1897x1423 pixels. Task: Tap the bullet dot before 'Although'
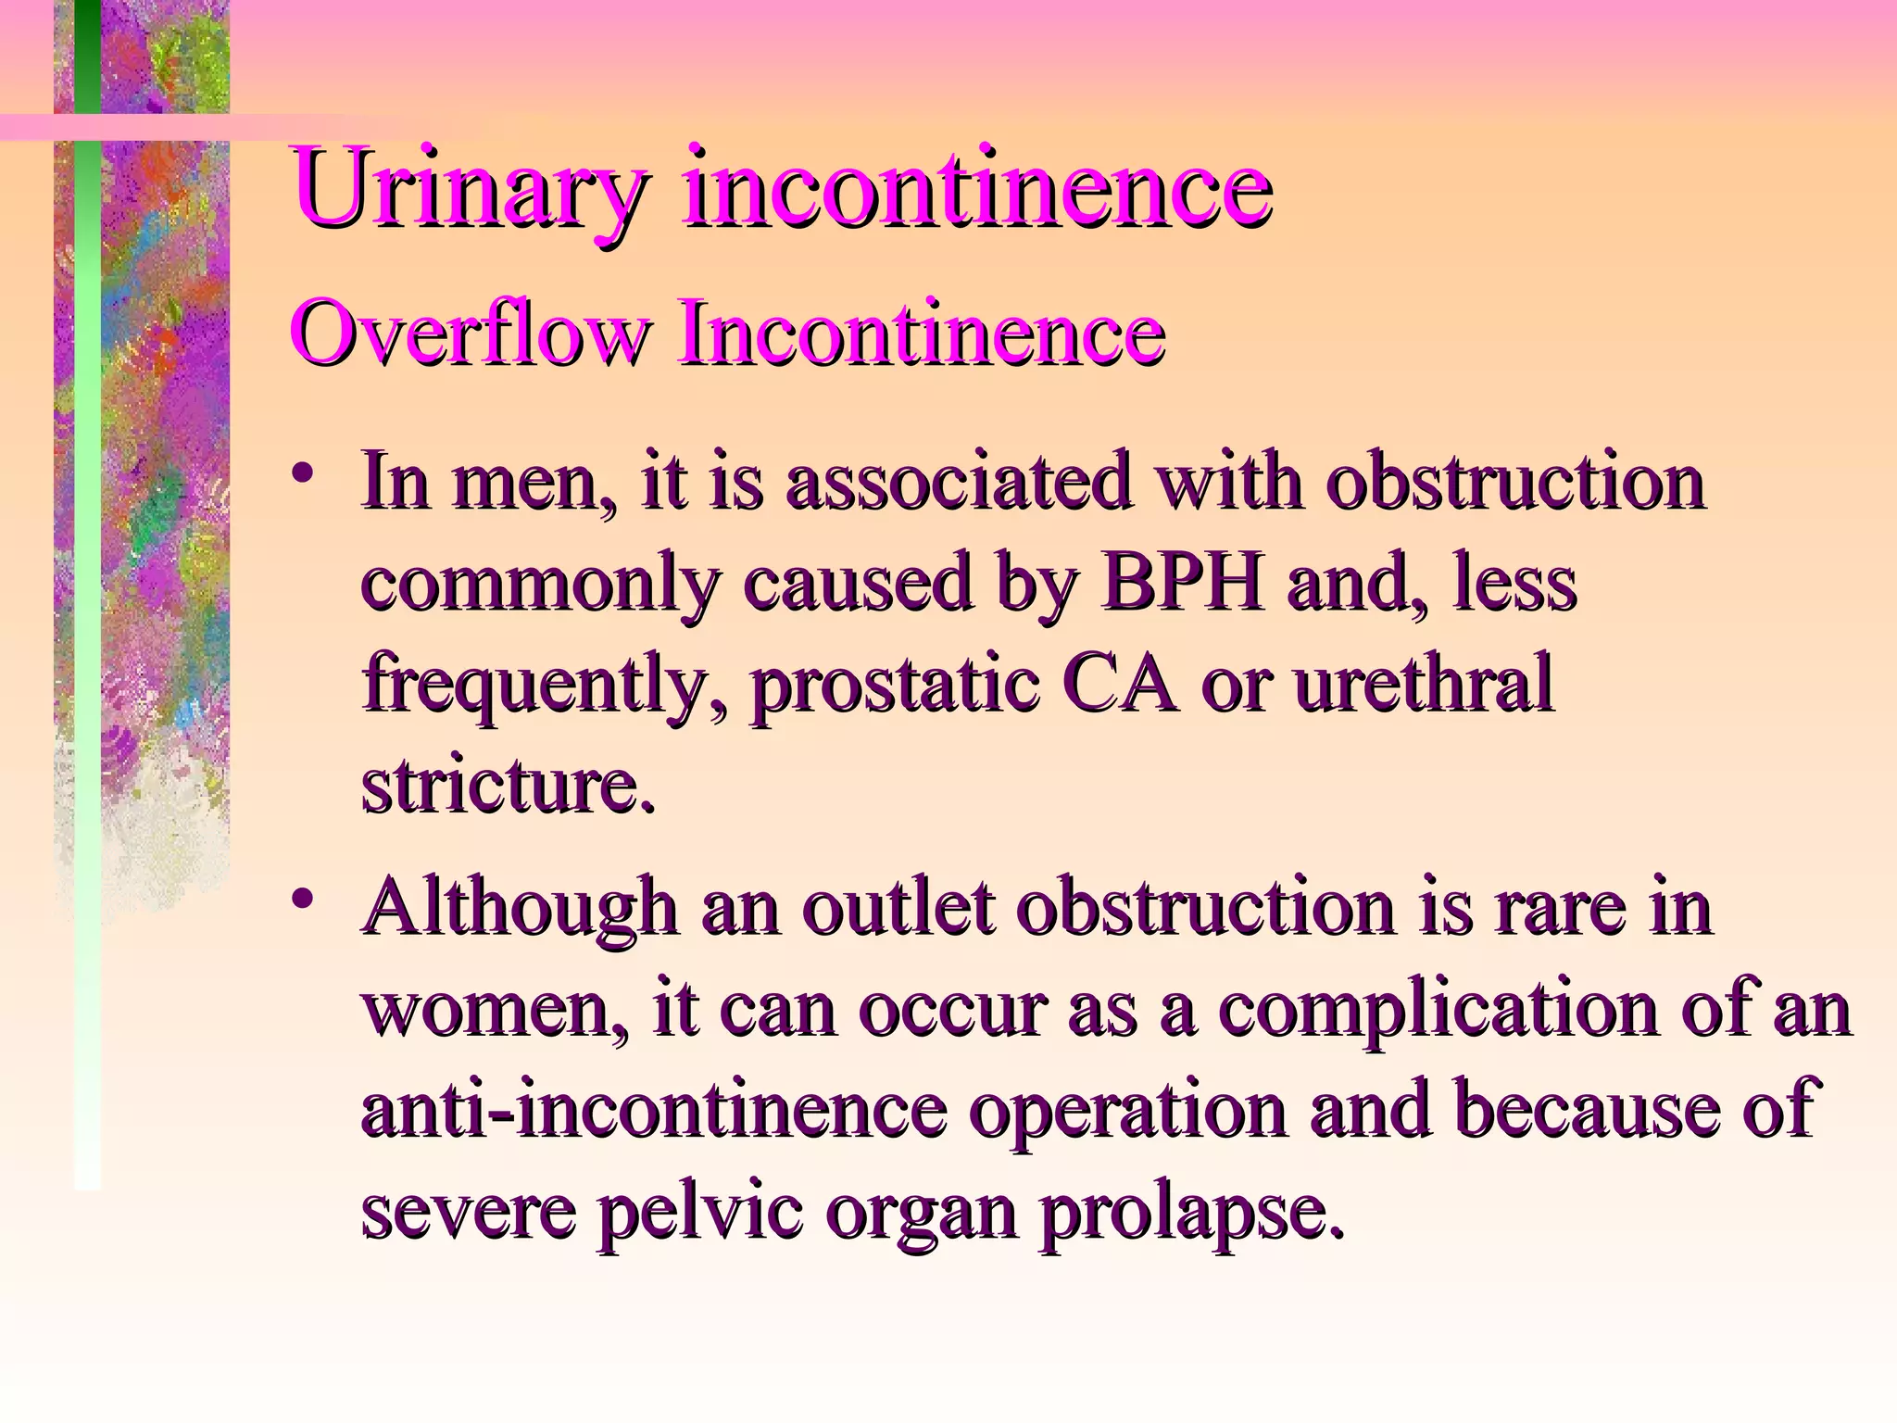[300, 898]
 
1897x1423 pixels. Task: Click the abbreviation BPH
[1182, 584]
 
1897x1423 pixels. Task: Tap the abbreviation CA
[1122, 684]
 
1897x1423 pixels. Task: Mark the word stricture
[508, 786]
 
